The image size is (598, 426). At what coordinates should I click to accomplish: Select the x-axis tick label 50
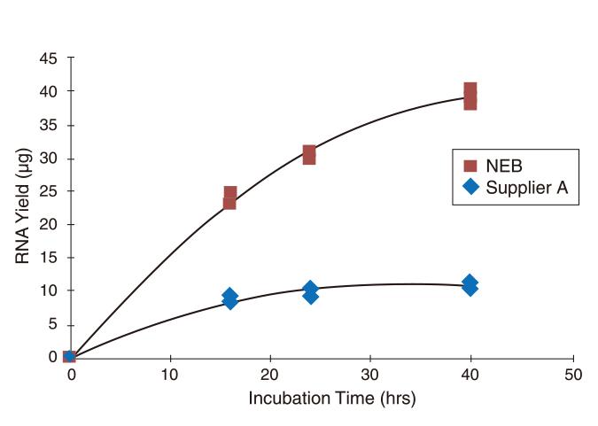click(x=573, y=375)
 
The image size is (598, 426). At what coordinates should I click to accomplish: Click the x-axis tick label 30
click(x=372, y=375)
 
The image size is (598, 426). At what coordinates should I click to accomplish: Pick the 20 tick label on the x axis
click(x=271, y=375)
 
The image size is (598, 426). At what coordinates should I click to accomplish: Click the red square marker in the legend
click(x=471, y=166)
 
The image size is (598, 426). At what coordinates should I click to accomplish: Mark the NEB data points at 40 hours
click(x=470, y=96)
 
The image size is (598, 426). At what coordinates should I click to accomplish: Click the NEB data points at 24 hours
click(x=309, y=155)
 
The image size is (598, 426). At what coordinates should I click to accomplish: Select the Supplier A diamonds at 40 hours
click(x=470, y=284)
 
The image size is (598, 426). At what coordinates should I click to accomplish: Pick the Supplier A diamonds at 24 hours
click(x=310, y=292)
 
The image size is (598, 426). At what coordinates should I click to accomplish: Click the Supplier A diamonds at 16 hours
click(x=229, y=298)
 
